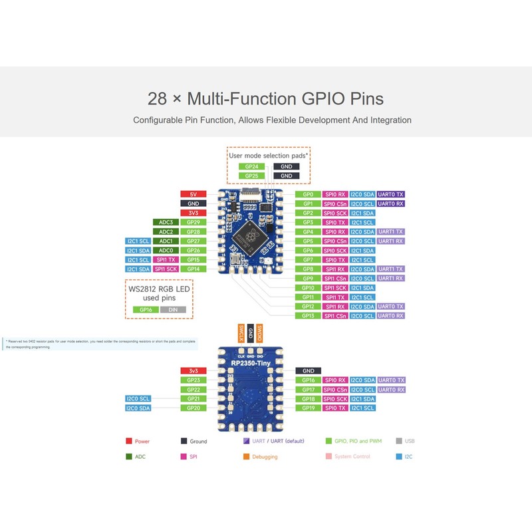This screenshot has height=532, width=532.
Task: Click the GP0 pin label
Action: coord(308,194)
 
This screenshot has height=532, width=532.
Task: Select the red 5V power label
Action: coord(193,194)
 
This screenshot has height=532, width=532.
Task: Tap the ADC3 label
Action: coord(166,222)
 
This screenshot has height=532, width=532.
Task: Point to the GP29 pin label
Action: coord(193,222)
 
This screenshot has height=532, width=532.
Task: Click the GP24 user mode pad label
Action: coord(251,166)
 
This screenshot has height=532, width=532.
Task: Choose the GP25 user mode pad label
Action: coord(251,176)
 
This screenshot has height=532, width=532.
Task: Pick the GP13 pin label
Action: coord(308,315)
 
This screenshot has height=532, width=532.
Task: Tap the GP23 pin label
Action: coord(193,380)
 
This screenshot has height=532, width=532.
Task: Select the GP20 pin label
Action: coord(193,408)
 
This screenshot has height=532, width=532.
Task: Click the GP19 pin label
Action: coord(308,408)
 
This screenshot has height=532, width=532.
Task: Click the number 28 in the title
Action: coord(157,99)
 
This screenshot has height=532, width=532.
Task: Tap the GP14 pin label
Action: coord(193,269)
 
